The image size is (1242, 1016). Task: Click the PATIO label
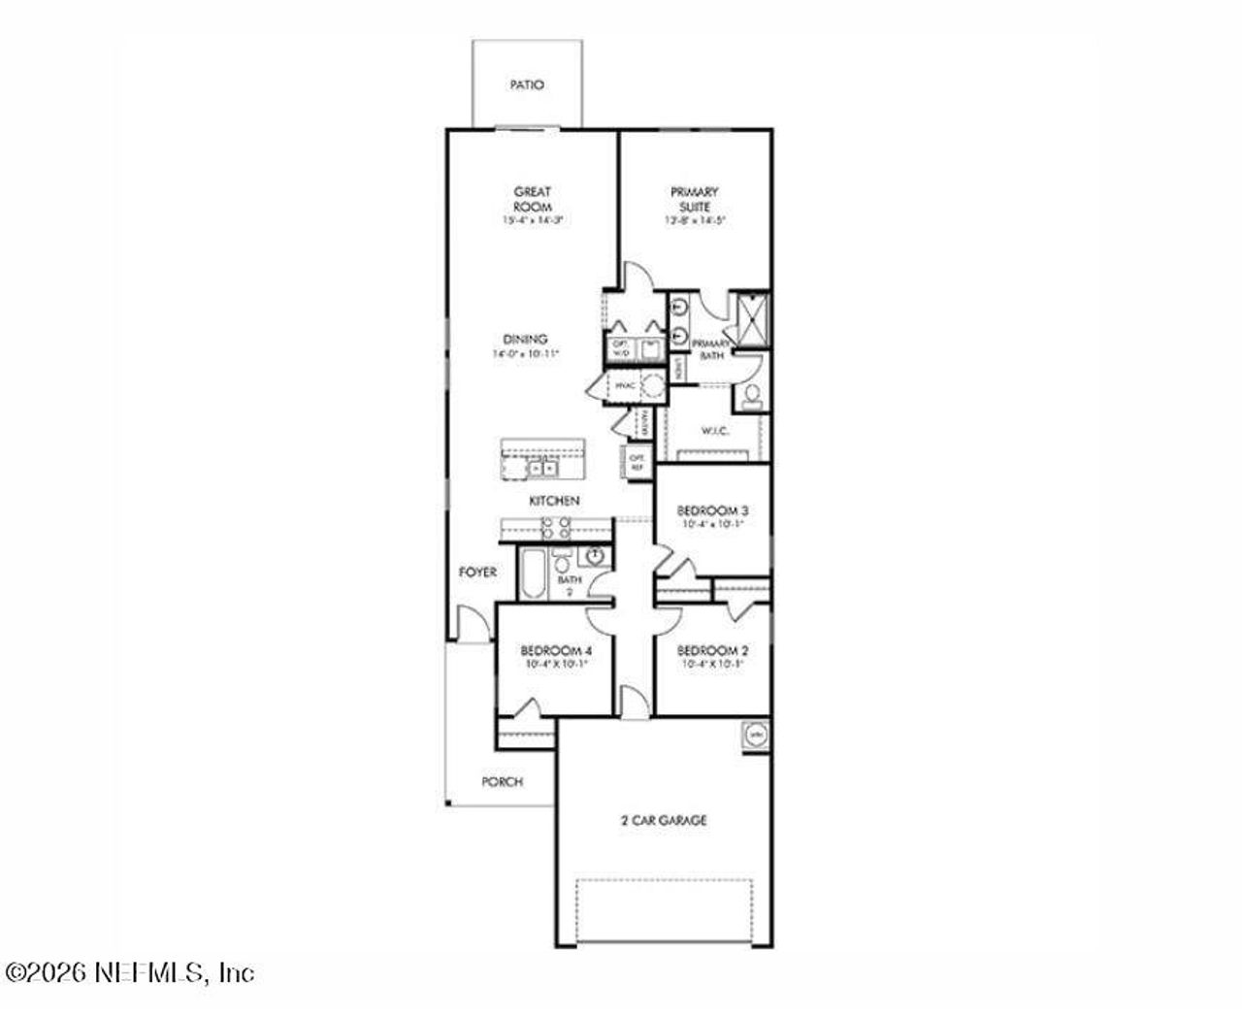click(527, 84)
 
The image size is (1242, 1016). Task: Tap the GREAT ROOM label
click(533, 199)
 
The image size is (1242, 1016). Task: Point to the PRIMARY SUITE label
click(695, 199)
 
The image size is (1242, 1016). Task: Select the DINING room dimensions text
click(525, 355)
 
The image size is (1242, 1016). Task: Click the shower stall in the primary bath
click(749, 318)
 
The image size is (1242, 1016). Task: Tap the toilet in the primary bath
click(751, 396)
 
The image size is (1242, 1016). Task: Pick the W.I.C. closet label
click(715, 431)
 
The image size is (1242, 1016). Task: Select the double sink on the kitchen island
click(541, 469)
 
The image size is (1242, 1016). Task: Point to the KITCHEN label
click(554, 501)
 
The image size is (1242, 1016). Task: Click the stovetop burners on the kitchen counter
click(556, 528)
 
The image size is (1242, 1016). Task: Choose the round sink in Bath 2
click(594, 556)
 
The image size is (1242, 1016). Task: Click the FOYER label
click(477, 573)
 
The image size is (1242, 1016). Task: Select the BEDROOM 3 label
click(713, 510)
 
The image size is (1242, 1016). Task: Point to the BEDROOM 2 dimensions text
click(713, 665)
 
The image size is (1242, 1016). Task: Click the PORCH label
click(502, 781)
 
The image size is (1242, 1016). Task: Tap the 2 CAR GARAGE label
click(664, 821)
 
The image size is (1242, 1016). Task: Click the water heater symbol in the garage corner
click(756, 735)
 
